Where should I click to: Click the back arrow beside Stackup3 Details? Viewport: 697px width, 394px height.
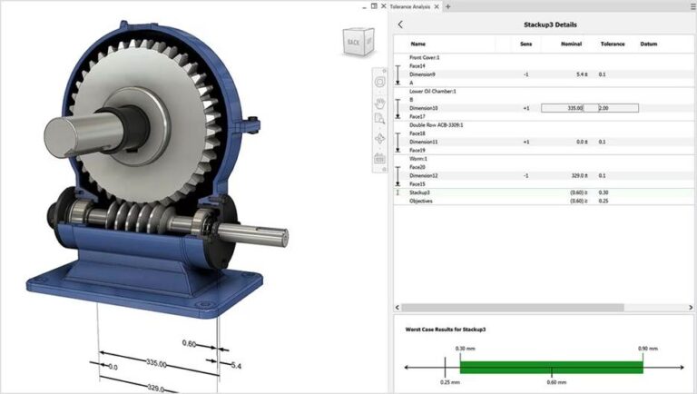tap(400, 25)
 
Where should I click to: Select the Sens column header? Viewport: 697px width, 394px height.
tap(525, 44)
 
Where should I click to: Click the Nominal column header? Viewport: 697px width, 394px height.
tap(571, 44)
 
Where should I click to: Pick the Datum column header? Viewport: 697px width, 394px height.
tap(649, 44)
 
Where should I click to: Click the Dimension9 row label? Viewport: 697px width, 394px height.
tap(424, 74)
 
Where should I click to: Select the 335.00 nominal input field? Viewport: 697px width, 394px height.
tap(562, 108)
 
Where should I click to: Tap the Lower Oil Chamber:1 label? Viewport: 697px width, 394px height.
tap(432, 91)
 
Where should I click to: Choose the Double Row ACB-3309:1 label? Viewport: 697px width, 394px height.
tap(437, 124)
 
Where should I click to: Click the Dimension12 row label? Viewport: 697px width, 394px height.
tap(425, 175)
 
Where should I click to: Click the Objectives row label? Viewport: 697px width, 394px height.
tap(421, 201)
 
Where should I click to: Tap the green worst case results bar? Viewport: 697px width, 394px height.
tap(551, 367)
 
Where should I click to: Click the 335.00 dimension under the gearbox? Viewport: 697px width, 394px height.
tap(156, 362)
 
